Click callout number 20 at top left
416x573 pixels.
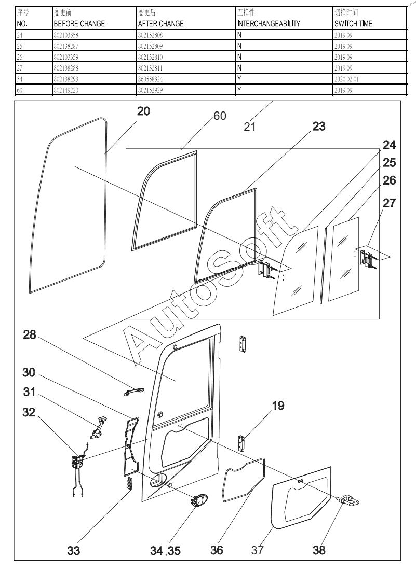pos(144,110)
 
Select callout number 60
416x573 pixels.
pos(220,116)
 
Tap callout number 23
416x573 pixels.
pos(319,126)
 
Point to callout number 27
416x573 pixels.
pos(390,203)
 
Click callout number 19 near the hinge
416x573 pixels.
pos(278,405)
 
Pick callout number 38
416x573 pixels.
pos(319,550)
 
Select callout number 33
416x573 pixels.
pos(74,551)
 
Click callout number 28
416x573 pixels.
pos(29,335)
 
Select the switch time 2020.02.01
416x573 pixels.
pos(350,79)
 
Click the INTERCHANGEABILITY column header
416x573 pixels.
pos(268,24)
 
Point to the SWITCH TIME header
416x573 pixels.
pos(353,24)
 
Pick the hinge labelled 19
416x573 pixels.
pos(241,443)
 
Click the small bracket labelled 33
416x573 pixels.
pos(128,484)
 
